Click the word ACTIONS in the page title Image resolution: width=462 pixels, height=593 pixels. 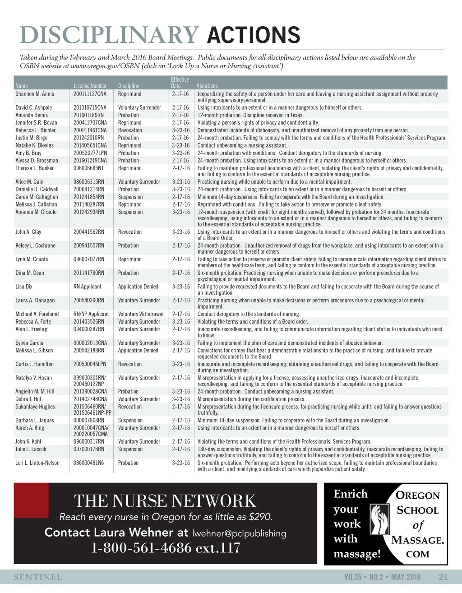coord(253,35)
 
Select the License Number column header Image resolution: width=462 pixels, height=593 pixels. coord(90,86)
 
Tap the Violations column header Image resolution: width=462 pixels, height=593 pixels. coord(207,86)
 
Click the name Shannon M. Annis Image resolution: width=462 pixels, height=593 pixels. coord(35,94)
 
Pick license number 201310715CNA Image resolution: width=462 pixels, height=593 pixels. coord(90,107)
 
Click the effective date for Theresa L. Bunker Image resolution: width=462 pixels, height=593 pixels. coord(181,168)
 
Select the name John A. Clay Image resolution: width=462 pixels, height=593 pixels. coord(28,232)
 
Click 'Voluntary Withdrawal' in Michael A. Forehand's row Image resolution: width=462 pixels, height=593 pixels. coord(141,314)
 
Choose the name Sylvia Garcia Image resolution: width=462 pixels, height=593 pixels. coord(29,343)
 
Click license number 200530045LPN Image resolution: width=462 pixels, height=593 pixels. coord(90,364)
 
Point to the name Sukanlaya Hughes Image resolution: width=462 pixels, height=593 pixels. coord(35,407)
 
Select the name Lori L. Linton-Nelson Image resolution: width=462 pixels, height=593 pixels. coord(37,463)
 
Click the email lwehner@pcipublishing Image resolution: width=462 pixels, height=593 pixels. coord(239,533)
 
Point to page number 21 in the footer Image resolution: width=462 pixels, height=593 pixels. coord(443,577)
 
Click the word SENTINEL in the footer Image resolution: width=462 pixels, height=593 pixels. coord(38,577)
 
